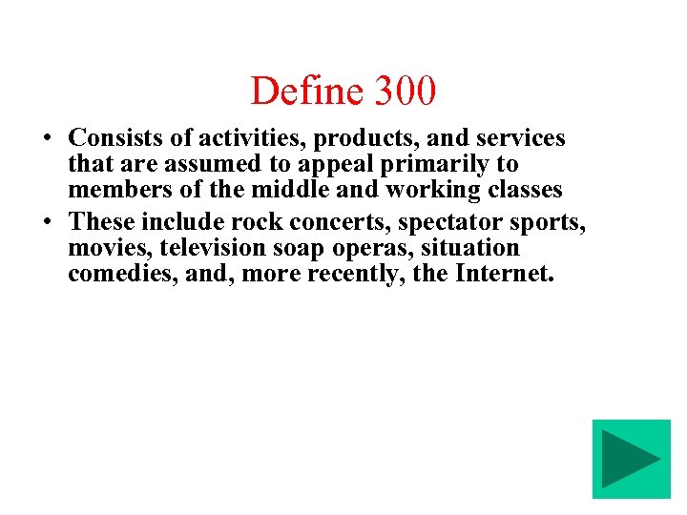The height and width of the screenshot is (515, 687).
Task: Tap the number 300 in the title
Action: (406, 92)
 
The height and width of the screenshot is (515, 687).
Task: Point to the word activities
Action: (239, 138)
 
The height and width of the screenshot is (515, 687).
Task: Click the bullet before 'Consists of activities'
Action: (47, 139)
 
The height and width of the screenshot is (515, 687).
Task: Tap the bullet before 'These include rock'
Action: (47, 222)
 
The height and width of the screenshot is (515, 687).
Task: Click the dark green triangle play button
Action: (631, 459)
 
